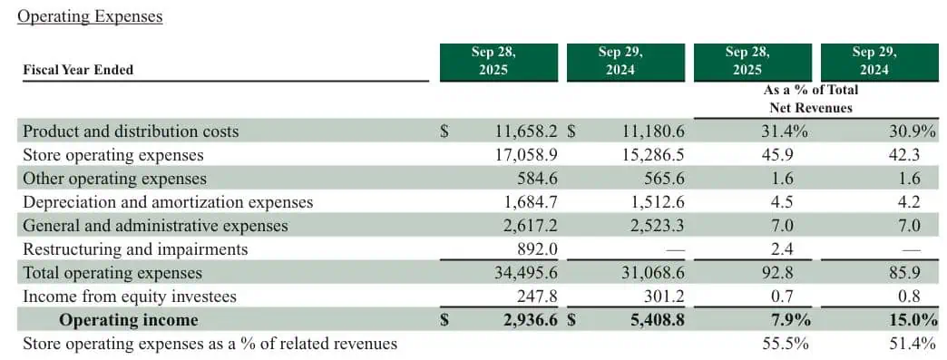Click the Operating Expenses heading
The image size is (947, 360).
point(90,16)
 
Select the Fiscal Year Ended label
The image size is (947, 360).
point(78,70)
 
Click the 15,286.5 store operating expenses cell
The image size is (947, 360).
point(651,154)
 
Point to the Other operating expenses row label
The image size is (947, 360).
point(114,179)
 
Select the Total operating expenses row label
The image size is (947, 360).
point(112,273)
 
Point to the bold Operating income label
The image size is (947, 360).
point(128,320)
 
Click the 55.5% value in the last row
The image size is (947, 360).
point(786,344)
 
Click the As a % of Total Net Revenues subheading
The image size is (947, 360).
point(810,99)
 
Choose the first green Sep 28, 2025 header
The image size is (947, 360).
point(493,62)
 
